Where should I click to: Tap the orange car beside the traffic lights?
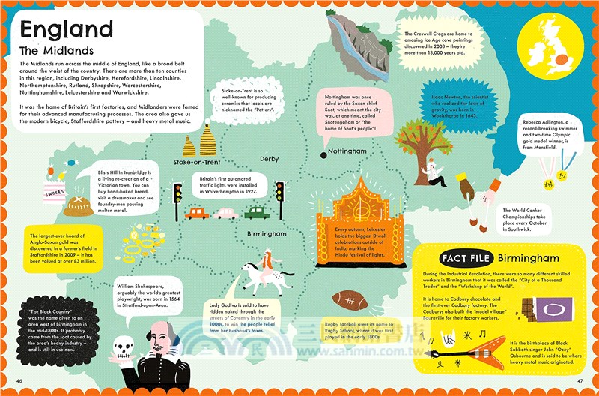point(197,213)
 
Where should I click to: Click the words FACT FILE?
point(466,259)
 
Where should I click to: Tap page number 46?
point(19,383)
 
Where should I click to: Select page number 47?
point(579,383)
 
